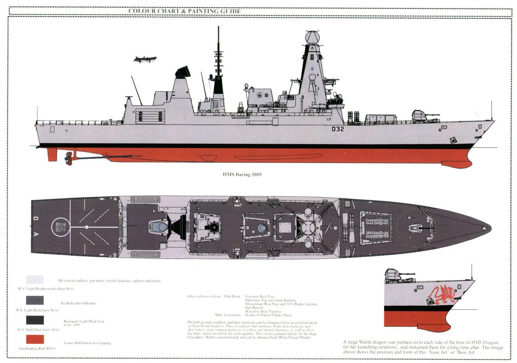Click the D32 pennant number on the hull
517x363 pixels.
click(338, 129)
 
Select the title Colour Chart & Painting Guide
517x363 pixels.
click(185, 11)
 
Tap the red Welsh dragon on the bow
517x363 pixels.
click(443, 294)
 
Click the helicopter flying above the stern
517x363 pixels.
click(145, 59)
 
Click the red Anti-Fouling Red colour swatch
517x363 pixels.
click(35, 339)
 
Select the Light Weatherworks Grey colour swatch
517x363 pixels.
click(35, 279)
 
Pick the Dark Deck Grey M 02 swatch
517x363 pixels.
click(35, 320)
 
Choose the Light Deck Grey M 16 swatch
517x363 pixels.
click(35, 300)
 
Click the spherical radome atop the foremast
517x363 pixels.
click(312, 38)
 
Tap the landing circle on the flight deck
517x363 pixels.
click(61, 227)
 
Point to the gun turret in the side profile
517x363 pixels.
click(420, 116)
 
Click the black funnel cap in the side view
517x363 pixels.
click(183, 72)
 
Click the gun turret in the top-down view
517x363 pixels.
click(416, 228)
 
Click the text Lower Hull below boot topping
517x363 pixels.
click(87, 343)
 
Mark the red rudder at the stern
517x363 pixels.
click(52, 154)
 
